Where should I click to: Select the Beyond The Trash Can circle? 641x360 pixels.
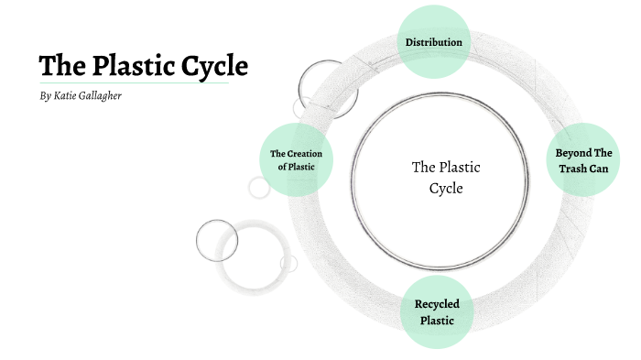(x=583, y=159)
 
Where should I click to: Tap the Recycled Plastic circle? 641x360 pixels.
(x=436, y=311)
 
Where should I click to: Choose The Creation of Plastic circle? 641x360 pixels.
(x=296, y=159)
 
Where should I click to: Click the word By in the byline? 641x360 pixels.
(x=46, y=96)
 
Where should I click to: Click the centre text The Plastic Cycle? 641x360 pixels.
(x=446, y=178)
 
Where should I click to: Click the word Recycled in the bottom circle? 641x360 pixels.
(x=437, y=303)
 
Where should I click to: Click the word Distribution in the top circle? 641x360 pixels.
(x=434, y=42)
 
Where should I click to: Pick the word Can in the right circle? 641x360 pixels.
(x=601, y=169)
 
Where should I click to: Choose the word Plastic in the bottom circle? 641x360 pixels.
(x=437, y=321)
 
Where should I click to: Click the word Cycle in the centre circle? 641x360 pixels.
(x=446, y=189)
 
